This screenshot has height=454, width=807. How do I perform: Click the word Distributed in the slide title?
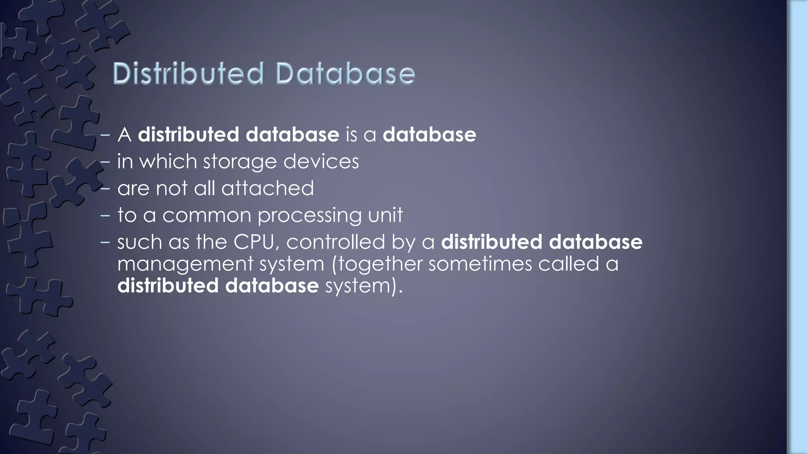(188, 74)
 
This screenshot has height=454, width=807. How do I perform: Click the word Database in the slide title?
(345, 74)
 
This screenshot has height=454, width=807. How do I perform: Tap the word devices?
(321, 162)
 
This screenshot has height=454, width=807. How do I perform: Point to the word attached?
(268, 188)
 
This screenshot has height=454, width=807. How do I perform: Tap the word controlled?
(335, 242)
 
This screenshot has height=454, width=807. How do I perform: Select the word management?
(185, 264)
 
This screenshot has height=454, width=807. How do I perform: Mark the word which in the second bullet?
(168, 162)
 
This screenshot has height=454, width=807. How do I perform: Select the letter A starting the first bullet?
(125, 135)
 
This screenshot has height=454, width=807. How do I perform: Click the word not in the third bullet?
(172, 188)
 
